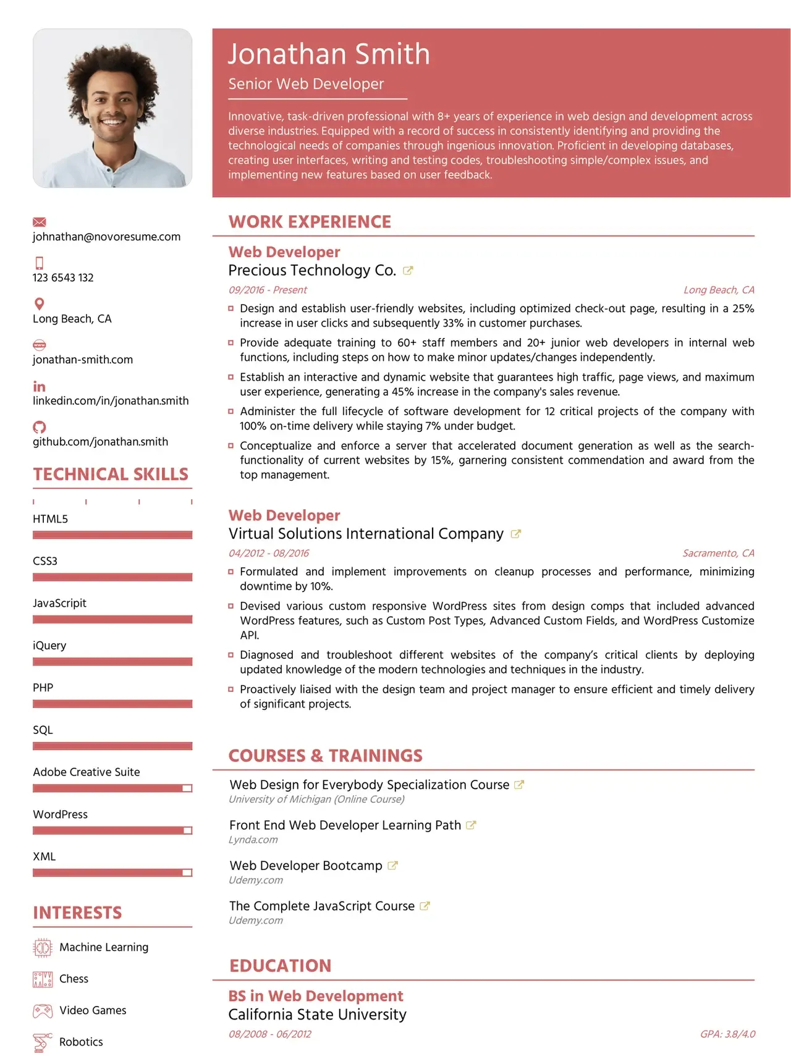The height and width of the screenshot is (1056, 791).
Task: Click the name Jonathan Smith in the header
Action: tap(328, 54)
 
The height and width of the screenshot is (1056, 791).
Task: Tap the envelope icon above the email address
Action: tap(40, 222)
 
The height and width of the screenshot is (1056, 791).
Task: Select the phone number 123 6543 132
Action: tap(63, 278)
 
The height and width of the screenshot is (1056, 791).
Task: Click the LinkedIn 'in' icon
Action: tap(39, 387)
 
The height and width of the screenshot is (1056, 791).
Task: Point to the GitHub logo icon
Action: tap(40, 427)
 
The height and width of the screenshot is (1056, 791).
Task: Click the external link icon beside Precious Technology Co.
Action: tap(408, 271)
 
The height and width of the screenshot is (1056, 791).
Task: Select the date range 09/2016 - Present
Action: tap(268, 290)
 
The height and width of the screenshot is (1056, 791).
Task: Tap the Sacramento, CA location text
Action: tap(718, 553)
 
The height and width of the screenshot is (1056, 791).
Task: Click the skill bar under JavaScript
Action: tap(112, 619)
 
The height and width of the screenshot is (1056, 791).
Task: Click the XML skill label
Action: tap(44, 856)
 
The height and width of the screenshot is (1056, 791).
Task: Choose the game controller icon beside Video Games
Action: tap(43, 1011)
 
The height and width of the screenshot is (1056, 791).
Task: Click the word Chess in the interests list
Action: tap(74, 979)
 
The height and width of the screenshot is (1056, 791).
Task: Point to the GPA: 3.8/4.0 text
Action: tap(727, 1034)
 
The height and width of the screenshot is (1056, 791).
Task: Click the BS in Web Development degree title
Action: tap(316, 996)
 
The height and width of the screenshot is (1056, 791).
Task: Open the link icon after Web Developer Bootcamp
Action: tap(392, 866)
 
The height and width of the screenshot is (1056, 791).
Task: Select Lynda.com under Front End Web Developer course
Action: tap(253, 840)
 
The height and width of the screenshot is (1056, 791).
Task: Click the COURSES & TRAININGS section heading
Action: tap(326, 756)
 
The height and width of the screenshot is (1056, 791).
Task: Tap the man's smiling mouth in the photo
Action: tap(112, 122)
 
